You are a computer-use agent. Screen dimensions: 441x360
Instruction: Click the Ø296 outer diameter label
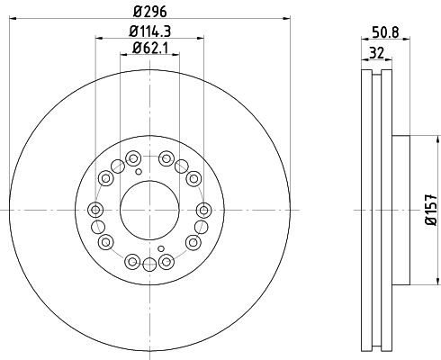(149, 12)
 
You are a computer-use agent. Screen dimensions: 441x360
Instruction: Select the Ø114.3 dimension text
(149, 31)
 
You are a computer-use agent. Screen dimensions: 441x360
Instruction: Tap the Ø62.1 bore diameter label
(149, 48)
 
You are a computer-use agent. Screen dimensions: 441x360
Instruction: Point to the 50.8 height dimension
(385, 32)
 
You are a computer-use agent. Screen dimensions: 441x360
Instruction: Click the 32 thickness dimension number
(376, 53)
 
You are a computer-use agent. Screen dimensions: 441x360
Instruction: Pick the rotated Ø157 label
(431, 210)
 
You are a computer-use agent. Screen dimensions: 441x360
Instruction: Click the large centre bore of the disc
(149, 211)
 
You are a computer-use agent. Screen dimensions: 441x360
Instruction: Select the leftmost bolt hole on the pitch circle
(95, 210)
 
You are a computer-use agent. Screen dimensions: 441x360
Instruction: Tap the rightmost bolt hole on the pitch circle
(203, 210)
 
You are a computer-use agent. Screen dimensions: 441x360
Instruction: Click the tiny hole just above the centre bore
(139, 172)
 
